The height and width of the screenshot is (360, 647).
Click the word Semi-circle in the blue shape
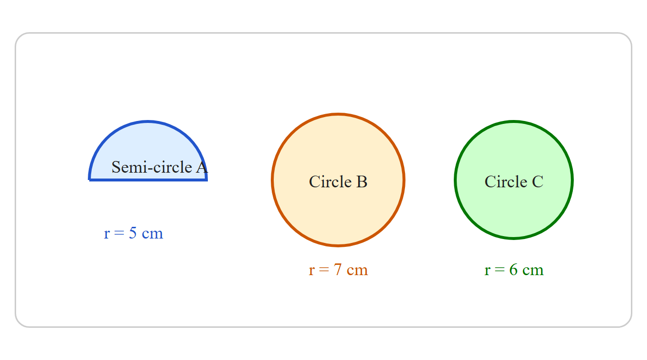coord(152,167)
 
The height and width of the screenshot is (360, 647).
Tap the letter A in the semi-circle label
coord(202,167)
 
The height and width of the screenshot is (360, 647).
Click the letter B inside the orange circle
coord(362,182)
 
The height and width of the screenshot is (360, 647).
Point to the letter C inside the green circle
coord(538,182)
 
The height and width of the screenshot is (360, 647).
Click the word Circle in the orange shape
coord(330,182)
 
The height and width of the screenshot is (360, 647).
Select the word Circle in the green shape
coord(506,182)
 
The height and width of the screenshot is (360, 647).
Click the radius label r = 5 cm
coord(133,233)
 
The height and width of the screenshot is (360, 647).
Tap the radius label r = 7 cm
coord(338,270)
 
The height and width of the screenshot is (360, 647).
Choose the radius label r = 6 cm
coord(514,270)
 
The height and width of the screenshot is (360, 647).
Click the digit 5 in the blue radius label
coord(133,233)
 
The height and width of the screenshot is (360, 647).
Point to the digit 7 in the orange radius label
coord(338,270)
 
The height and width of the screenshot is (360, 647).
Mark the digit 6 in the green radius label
coord(513,270)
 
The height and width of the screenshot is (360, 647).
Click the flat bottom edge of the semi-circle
coord(147,180)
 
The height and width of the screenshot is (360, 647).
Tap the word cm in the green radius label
coord(533,271)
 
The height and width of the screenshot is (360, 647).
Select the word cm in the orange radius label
coord(357,271)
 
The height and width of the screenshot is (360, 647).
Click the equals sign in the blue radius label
coord(119,233)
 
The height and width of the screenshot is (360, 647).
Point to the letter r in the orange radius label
coord(311,271)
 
